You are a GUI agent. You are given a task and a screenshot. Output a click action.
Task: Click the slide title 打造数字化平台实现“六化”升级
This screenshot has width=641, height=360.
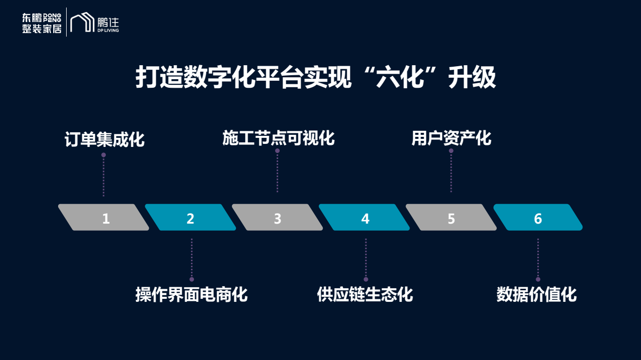coord(315,77)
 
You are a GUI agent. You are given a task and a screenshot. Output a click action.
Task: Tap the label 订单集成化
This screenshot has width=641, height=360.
coord(104,139)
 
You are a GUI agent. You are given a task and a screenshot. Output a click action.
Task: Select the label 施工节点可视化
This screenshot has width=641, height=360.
coord(279,138)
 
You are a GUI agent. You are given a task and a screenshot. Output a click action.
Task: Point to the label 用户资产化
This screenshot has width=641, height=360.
coord(451,138)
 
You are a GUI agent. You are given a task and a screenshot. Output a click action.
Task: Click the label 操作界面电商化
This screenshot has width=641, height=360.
coord(191,294)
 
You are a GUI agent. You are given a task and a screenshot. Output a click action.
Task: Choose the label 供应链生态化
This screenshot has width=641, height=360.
coord(365,294)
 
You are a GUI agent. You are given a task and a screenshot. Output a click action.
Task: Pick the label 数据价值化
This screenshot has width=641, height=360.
coord(537,294)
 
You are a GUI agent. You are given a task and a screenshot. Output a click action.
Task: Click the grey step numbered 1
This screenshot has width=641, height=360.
coord(104,217)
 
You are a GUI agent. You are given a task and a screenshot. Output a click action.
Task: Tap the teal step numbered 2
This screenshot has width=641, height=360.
coord(190,217)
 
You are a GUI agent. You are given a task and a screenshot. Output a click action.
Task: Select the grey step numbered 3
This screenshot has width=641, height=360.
coord(278,217)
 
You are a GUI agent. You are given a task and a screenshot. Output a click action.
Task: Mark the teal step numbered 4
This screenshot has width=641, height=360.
coord(364,217)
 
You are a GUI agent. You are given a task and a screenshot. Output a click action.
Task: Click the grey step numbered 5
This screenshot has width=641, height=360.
coord(451,217)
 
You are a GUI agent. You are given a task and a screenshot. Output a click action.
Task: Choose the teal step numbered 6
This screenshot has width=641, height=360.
coord(538,217)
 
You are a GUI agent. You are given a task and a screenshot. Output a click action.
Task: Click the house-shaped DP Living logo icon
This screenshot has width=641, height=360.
coord(82,22)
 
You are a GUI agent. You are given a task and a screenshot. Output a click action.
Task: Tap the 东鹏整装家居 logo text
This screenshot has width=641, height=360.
coord(42,23)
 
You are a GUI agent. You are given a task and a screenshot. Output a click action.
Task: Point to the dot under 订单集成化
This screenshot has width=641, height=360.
coord(104,155)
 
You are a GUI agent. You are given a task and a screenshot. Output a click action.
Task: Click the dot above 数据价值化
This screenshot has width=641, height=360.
coord(538,279)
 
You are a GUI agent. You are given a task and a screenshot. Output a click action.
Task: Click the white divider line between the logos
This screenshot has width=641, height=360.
coord(66,22)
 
